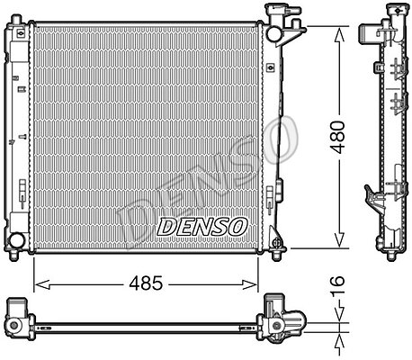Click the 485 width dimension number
(x=146, y=283)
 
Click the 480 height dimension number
(x=337, y=138)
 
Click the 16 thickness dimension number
(x=337, y=285)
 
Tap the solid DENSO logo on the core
(x=202, y=227)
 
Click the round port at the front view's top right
(x=273, y=33)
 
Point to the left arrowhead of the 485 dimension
(x=41, y=285)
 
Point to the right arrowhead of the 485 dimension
(x=249, y=285)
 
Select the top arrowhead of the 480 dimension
(x=339, y=34)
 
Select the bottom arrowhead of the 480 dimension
(x=339, y=240)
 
